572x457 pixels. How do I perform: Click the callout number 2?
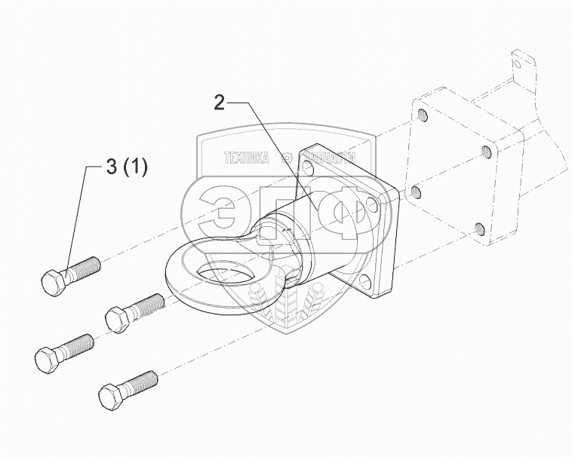(x=219, y=103)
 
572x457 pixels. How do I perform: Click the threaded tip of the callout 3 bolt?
(x=91, y=265)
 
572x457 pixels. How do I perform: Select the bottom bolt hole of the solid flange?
(x=364, y=286)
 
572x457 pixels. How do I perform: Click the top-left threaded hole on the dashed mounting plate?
(x=423, y=115)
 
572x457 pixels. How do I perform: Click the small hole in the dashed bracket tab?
(x=522, y=67)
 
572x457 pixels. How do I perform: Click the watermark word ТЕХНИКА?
(x=246, y=158)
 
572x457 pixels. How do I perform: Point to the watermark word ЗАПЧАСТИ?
(x=327, y=158)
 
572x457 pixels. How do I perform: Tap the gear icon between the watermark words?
(x=286, y=158)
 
